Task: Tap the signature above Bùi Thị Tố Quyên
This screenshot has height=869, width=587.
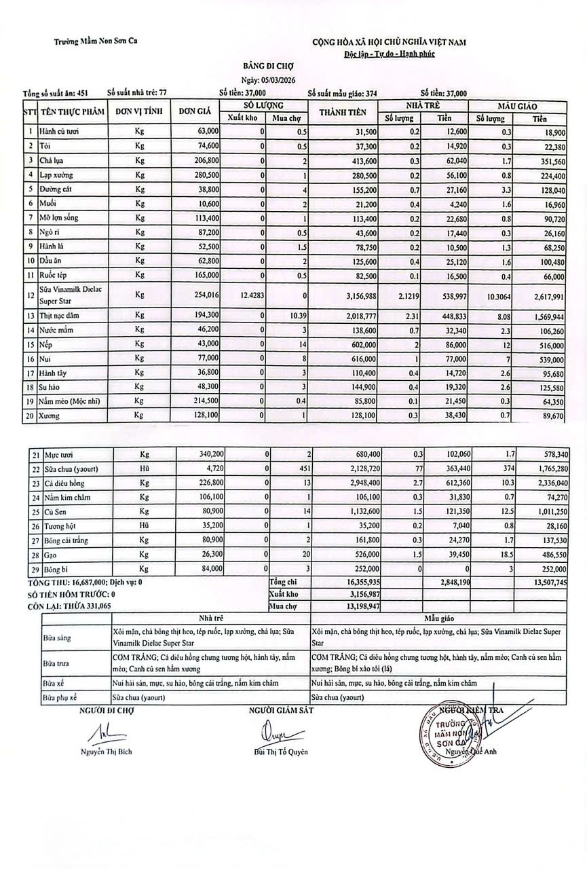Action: point(273,733)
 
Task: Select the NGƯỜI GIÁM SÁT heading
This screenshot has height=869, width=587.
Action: point(281,710)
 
